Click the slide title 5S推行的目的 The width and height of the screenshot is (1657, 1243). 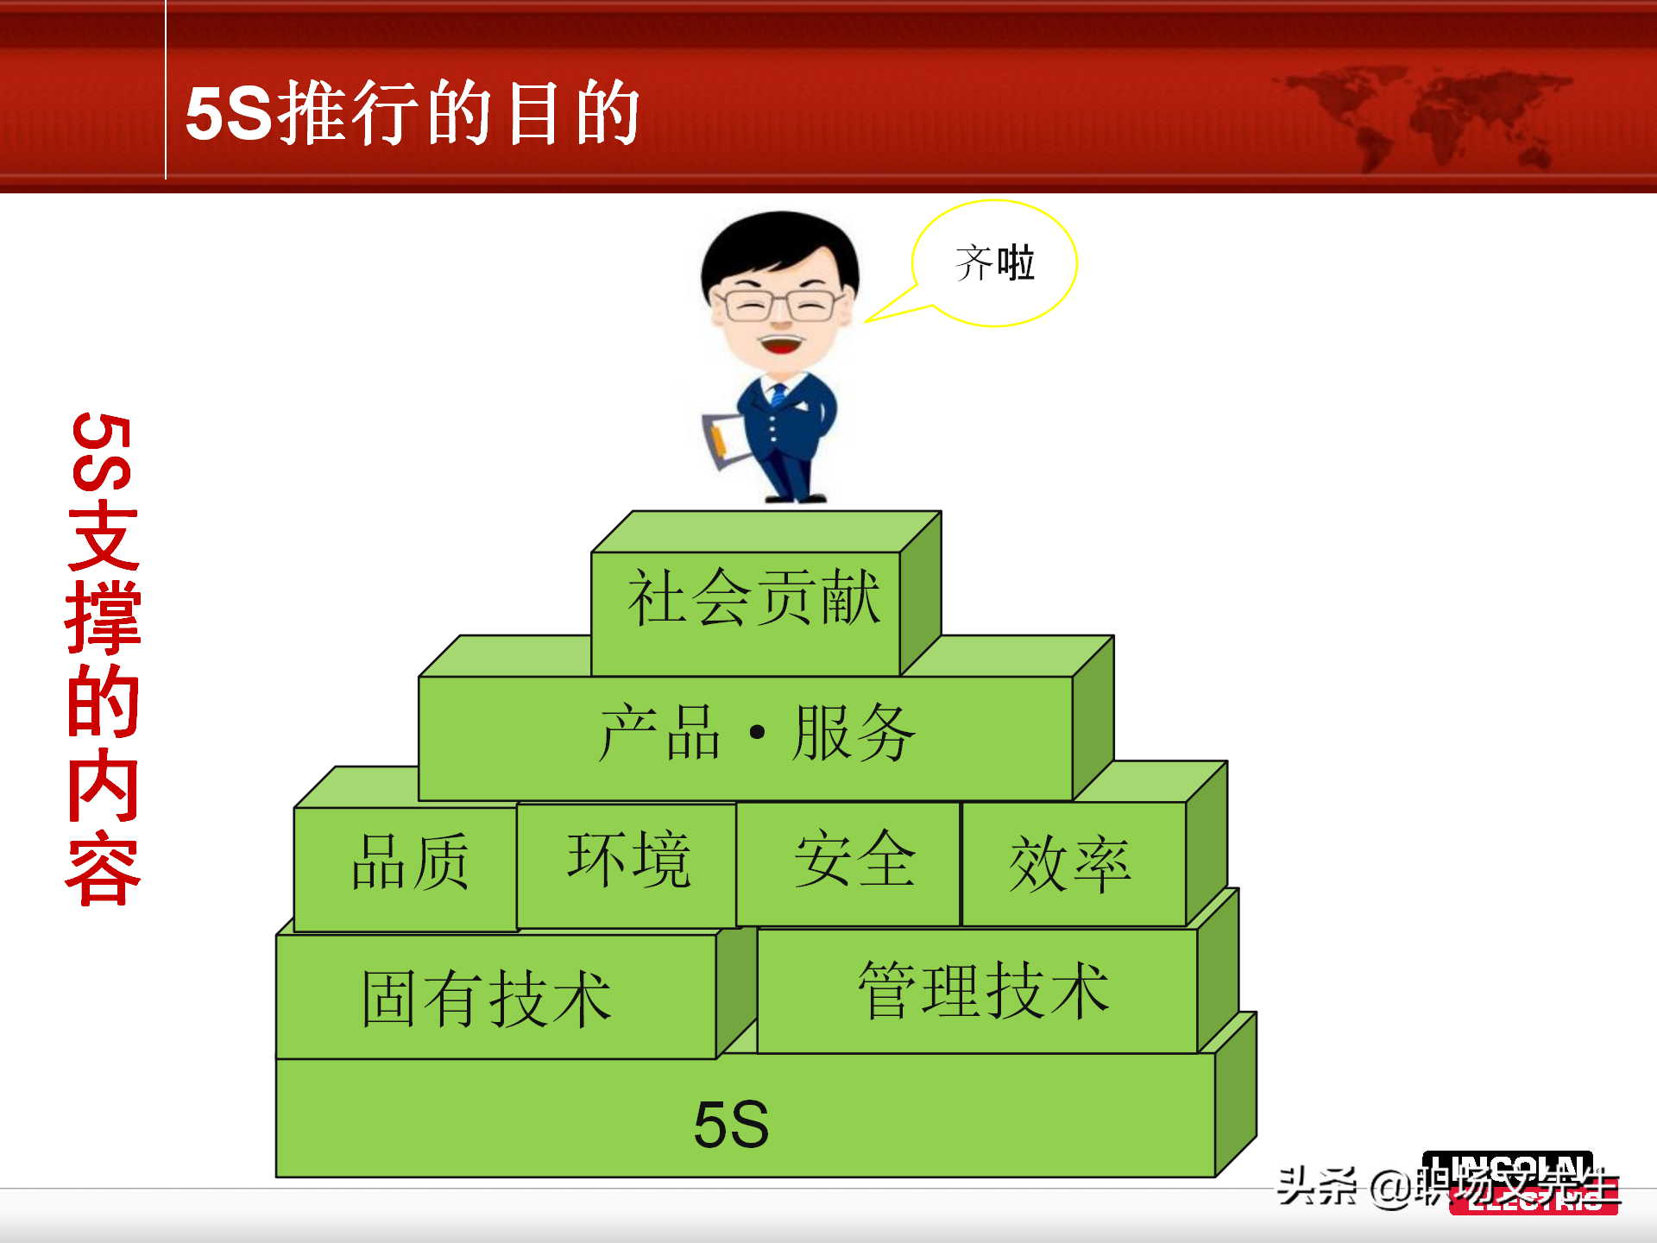coord(413,113)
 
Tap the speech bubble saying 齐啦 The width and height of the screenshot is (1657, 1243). coord(995,263)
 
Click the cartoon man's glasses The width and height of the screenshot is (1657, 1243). coord(779,305)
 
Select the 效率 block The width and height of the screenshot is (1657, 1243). coord(1071,864)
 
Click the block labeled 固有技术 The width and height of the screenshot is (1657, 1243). coord(488,998)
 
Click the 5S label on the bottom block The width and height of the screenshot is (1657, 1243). coord(732,1124)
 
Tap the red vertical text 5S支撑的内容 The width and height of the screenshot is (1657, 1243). coord(104,660)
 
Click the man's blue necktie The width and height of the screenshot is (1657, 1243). coord(778,395)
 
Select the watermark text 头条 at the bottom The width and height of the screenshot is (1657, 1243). coord(1316,1186)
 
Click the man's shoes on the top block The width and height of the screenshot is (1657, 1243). coord(798,497)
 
